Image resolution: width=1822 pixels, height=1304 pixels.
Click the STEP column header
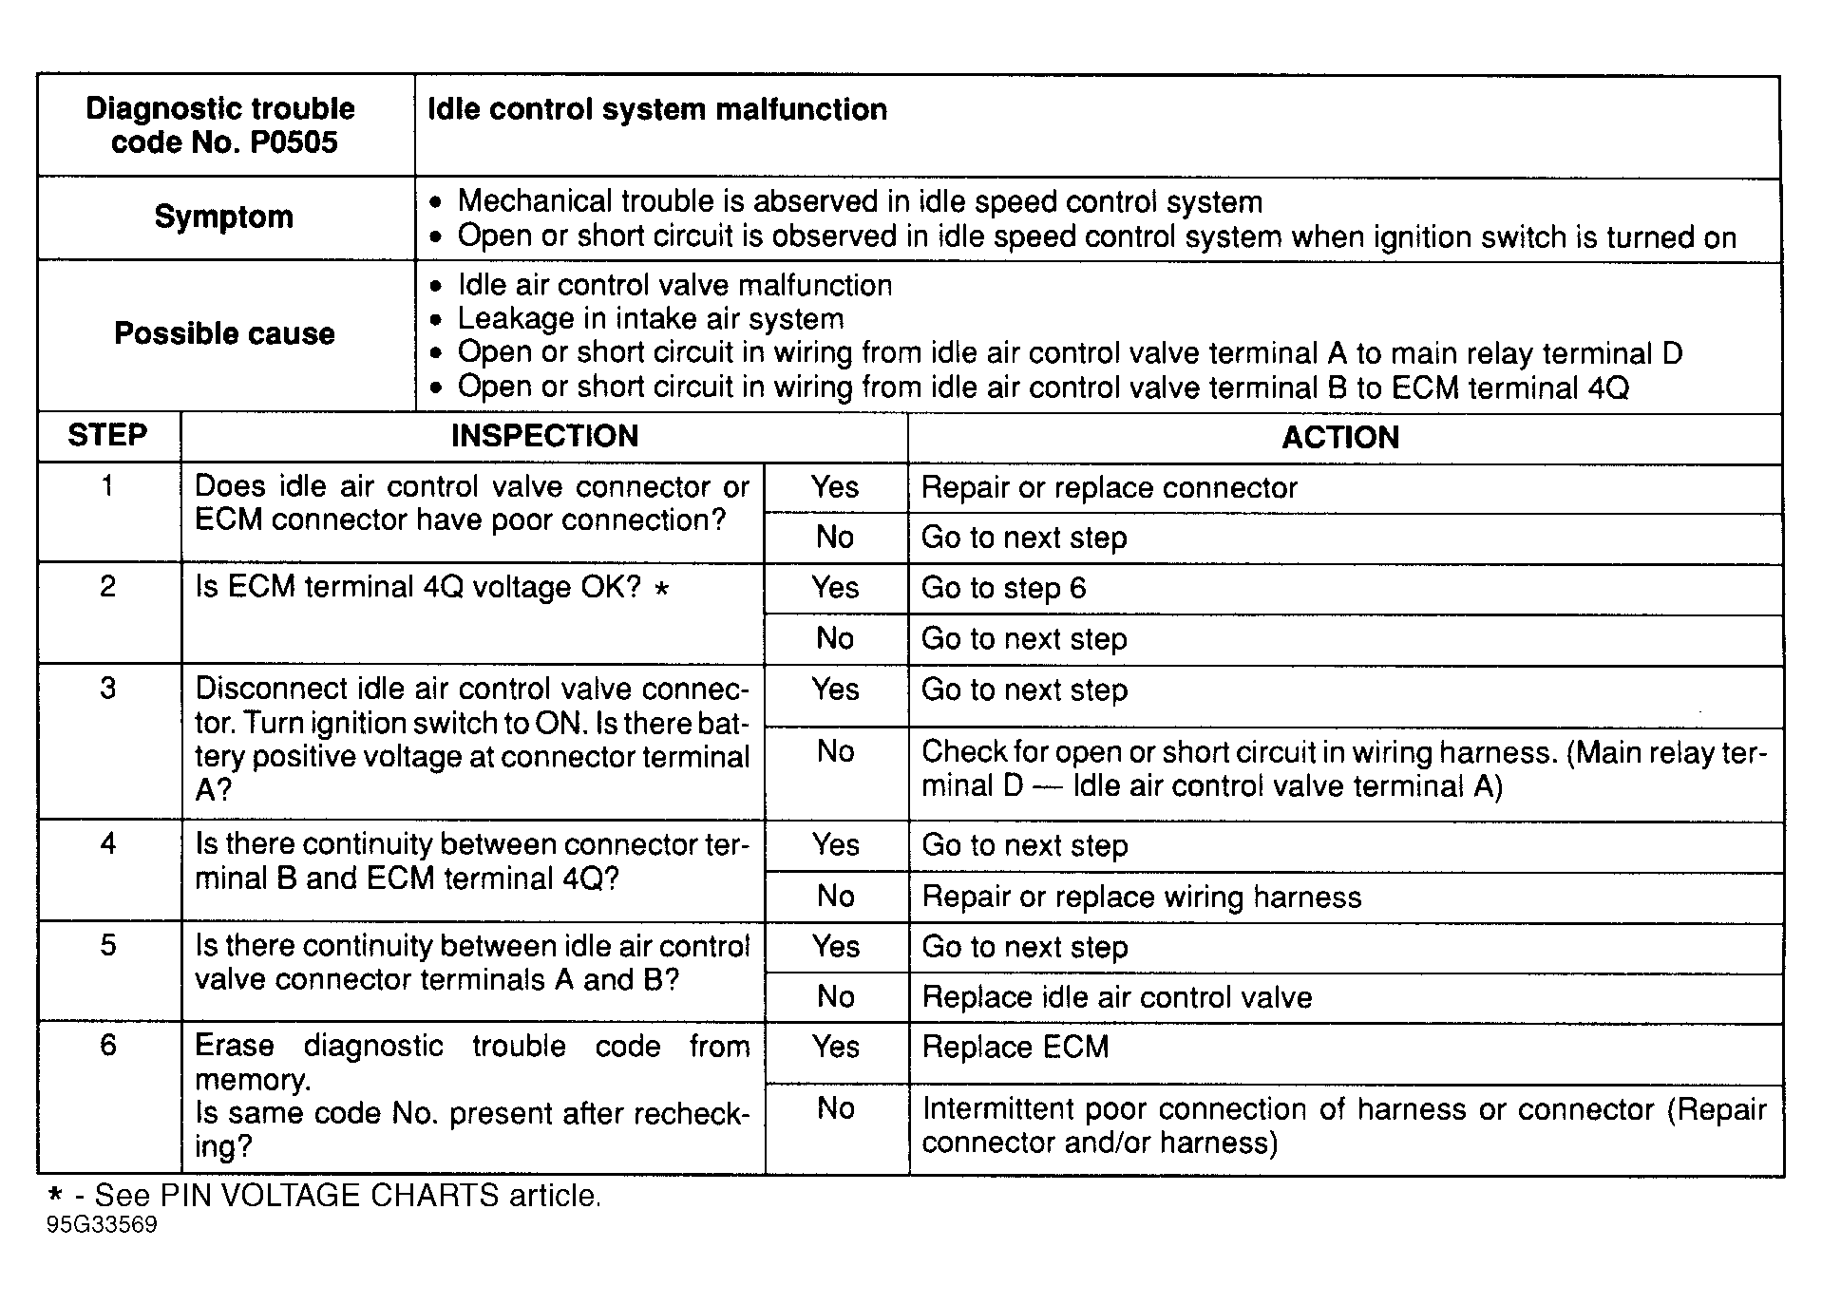(x=107, y=435)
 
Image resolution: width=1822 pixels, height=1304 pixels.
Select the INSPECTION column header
(x=544, y=436)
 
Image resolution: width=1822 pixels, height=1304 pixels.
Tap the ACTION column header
(x=1340, y=437)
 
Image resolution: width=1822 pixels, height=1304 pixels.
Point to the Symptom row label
(x=224, y=217)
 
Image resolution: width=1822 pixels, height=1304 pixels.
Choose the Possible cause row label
(x=224, y=333)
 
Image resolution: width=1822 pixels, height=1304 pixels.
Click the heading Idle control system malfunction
(x=657, y=109)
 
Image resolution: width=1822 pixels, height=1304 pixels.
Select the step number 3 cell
(x=108, y=688)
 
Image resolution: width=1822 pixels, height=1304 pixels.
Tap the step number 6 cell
(x=108, y=1045)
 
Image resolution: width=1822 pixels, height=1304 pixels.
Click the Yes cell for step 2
(x=835, y=587)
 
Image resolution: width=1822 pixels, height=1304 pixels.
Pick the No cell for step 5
(x=835, y=996)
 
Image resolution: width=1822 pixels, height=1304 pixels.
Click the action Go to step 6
(x=1003, y=588)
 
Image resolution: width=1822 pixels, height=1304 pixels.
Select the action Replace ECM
(x=1015, y=1047)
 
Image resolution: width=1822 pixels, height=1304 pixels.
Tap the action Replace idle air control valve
(x=1117, y=997)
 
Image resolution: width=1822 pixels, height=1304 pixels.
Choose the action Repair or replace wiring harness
(x=1142, y=897)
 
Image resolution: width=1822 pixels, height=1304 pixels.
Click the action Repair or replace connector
(x=1109, y=487)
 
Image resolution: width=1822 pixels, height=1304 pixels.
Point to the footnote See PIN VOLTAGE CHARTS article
(x=348, y=1195)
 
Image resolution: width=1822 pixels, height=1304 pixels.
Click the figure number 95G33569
(x=102, y=1224)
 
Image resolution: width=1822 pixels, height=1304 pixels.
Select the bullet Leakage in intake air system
(x=650, y=318)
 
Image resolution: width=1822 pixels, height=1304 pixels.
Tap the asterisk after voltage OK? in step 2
(x=662, y=589)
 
